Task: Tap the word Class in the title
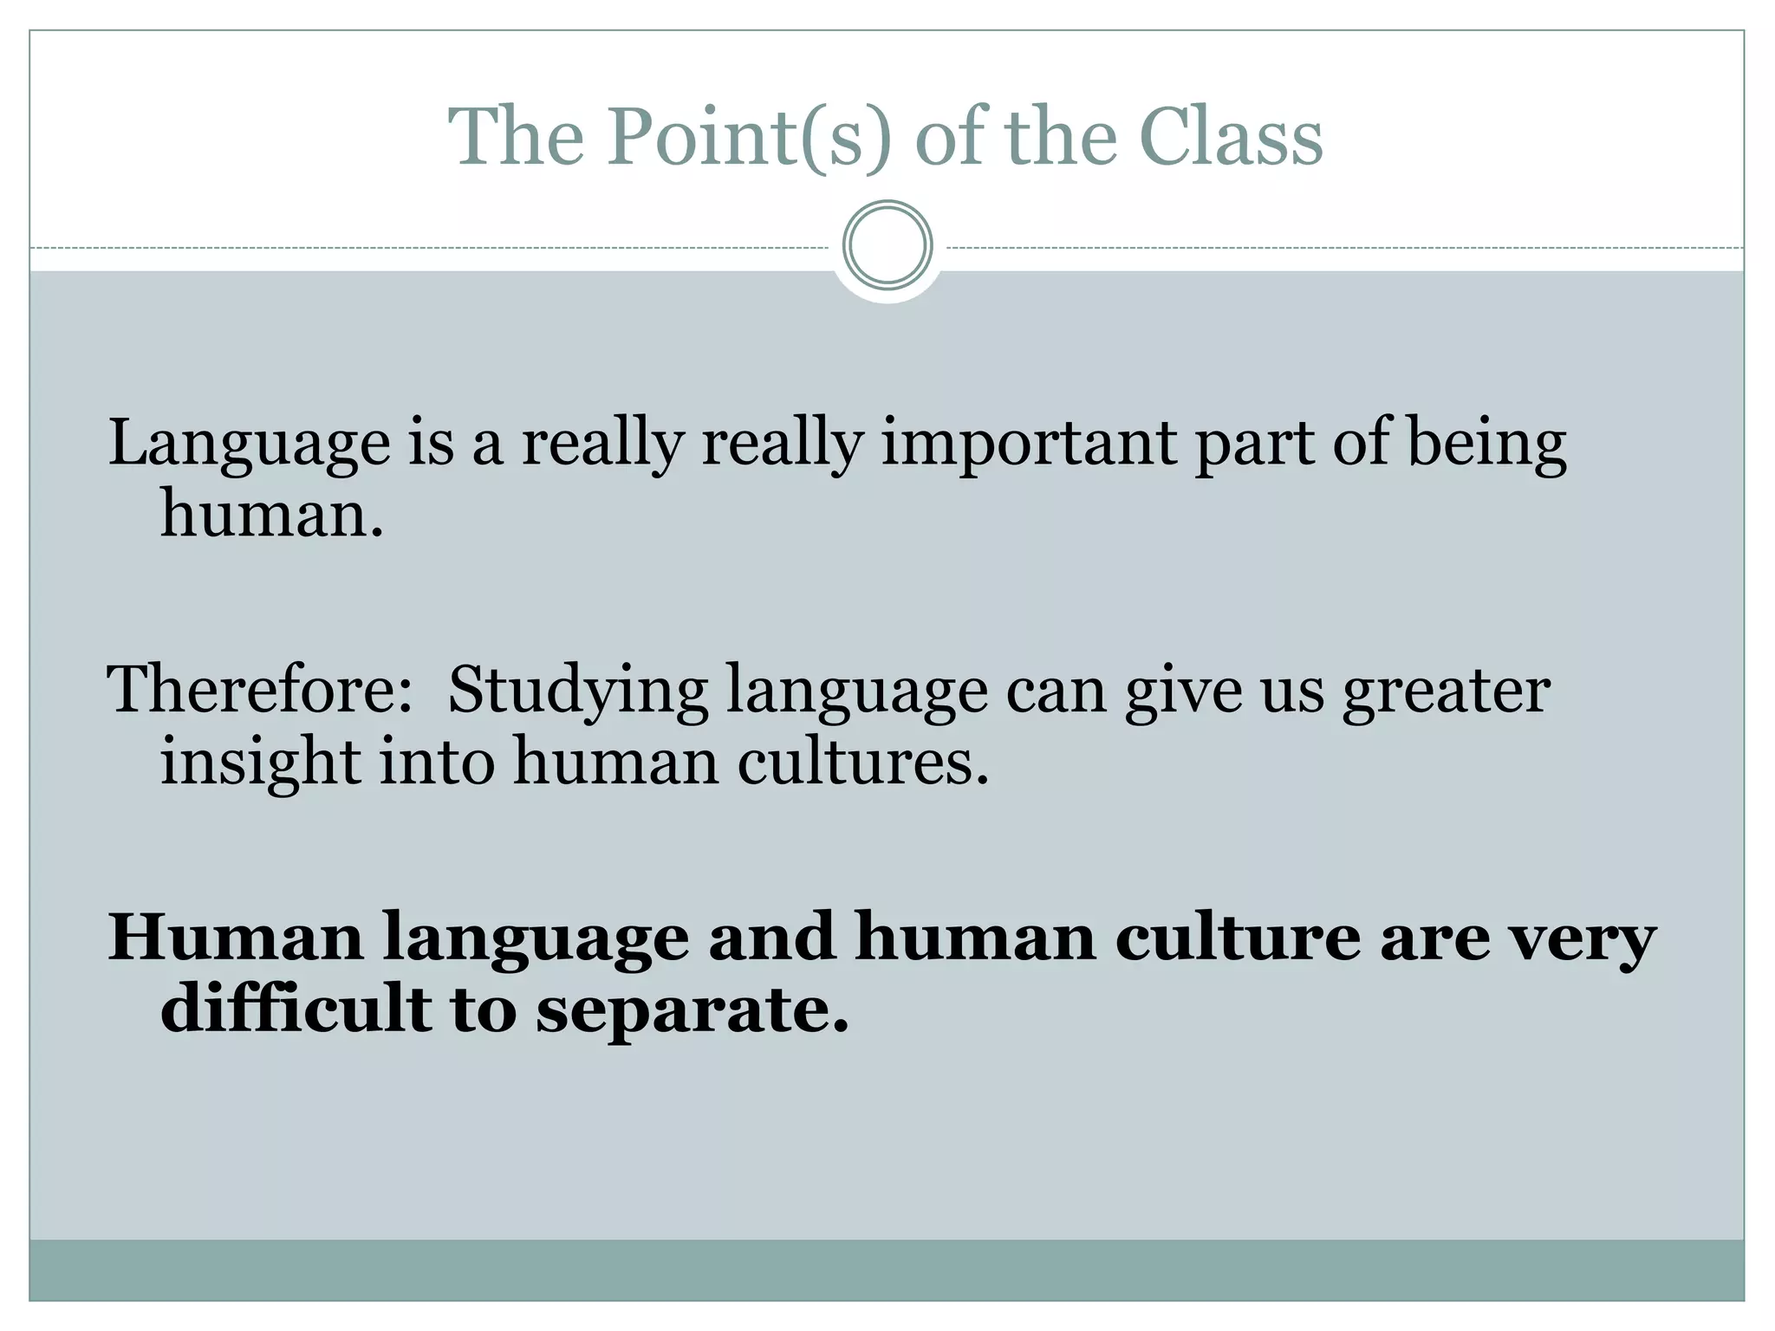tap(1231, 137)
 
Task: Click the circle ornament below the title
tap(887, 245)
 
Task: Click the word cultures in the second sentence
tap(862, 763)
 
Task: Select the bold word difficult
tap(296, 1010)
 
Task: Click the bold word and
tap(772, 938)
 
